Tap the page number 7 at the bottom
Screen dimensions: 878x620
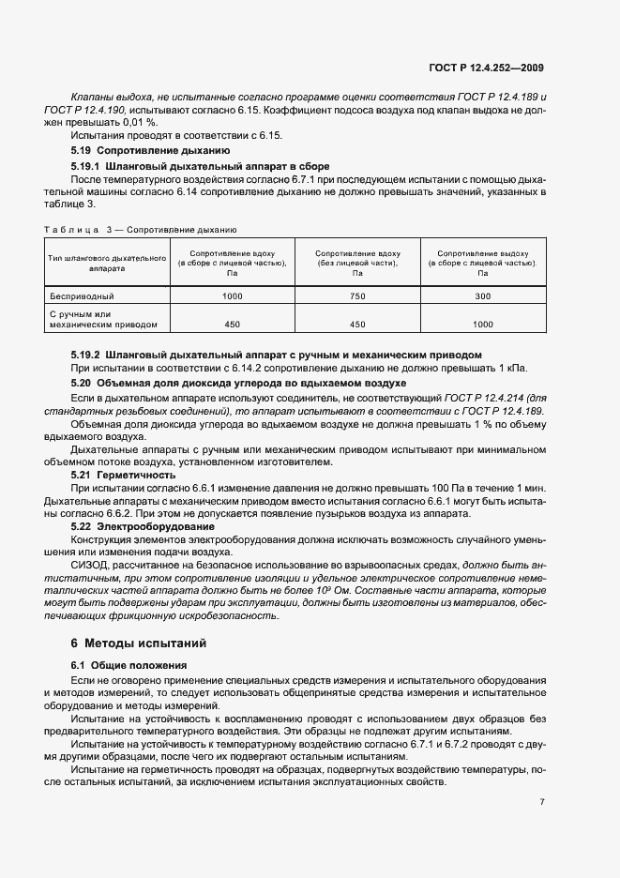coord(541,802)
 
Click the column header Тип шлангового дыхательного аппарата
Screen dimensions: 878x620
coord(106,263)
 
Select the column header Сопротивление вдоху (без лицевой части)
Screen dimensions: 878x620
coord(357,264)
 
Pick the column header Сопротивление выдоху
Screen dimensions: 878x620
coord(483,264)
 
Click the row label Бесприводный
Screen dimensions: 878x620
coord(82,295)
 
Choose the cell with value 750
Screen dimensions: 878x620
coord(357,295)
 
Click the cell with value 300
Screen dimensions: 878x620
coord(483,295)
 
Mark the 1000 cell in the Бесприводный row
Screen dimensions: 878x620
coord(232,295)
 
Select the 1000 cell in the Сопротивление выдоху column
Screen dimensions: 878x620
coord(483,325)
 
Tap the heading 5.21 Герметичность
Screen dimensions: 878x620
coord(123,475)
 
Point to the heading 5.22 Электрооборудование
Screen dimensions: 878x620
coord(143,526)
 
